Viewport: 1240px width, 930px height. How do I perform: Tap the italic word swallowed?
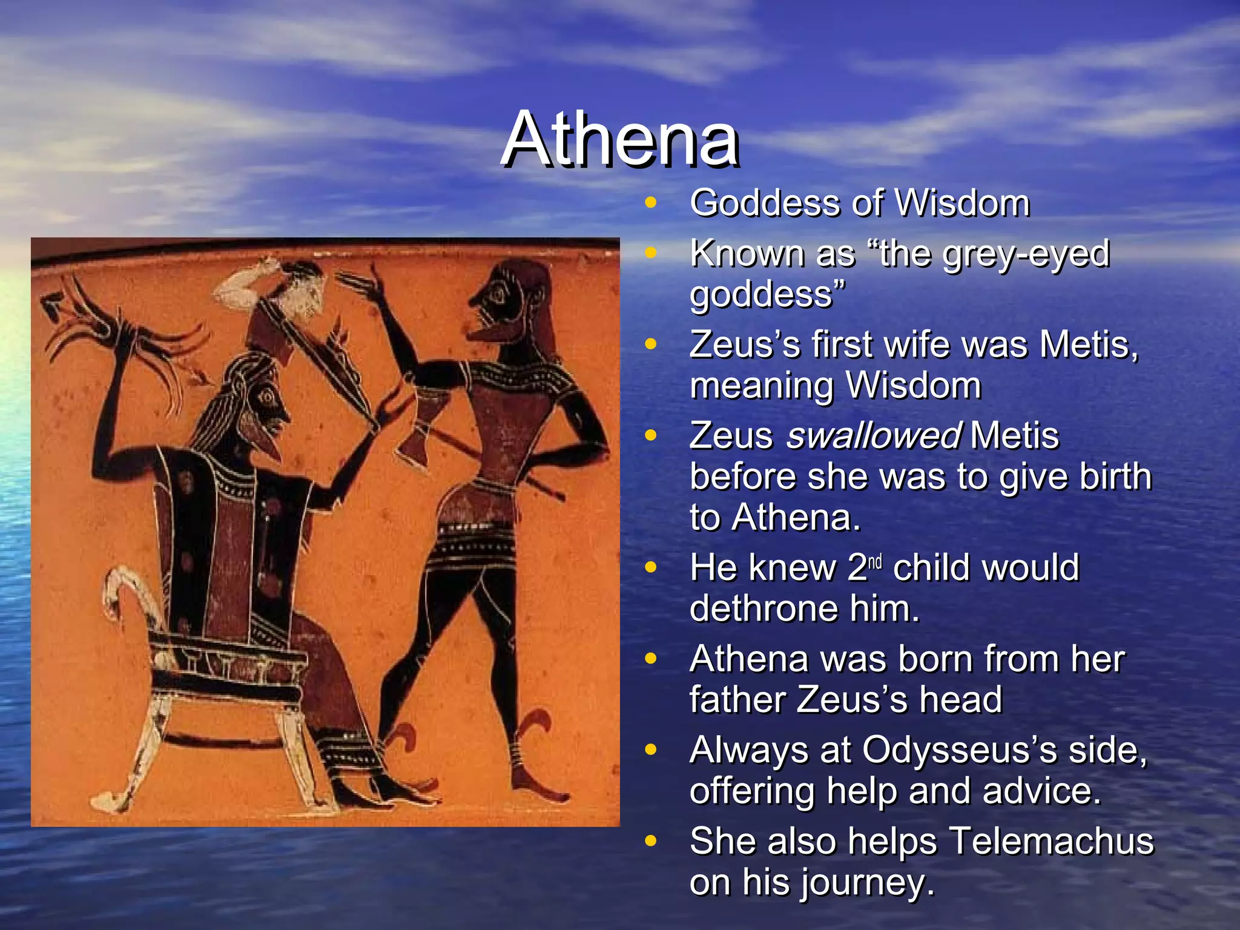tap(873, 435)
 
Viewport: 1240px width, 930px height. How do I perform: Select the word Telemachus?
tap(1051, 841)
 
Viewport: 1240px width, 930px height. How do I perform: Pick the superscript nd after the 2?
tap(876, 561)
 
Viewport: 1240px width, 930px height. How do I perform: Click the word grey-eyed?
tap(1026, 253)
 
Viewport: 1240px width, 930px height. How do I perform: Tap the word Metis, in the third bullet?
tap(1089, 345)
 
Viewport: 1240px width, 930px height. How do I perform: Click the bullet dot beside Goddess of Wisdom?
tap(651, 203)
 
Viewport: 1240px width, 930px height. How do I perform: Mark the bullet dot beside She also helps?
tap(651, 841)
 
